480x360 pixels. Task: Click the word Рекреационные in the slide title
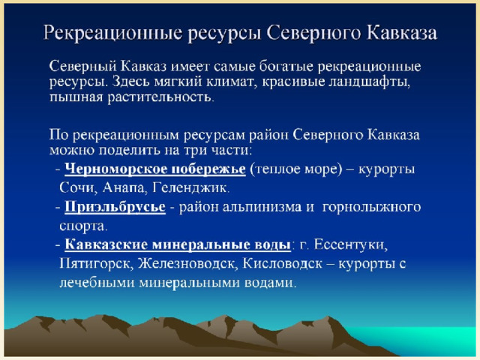pos(113,33)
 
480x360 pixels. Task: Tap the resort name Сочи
pos(76,187)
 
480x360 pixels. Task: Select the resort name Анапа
pos(123,187)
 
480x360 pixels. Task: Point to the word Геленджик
pos(190,187)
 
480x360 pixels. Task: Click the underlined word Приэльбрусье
pos(115,207)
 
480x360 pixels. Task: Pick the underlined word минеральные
pos(202,245)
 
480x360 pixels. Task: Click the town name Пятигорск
pos(94,263)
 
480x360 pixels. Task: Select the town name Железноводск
pos(186,263)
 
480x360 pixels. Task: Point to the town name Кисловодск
pos(282,263)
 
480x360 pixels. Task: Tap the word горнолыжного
pos(372,208)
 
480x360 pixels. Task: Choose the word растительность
pos(159,97)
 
